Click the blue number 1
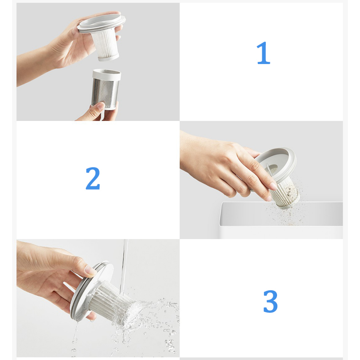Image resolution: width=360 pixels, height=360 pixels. point(263,53)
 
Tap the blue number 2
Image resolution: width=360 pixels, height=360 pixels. point(93,178)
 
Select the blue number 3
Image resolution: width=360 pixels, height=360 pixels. point(270,301)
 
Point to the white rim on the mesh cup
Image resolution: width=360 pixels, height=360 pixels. point(107,74)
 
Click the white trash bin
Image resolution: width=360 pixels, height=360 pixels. point(281,221)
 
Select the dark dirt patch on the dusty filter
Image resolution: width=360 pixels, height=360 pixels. point(291,192)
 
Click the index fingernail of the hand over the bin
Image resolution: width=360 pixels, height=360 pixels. point(273,186)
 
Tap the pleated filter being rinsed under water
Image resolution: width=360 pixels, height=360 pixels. point(112,302)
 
